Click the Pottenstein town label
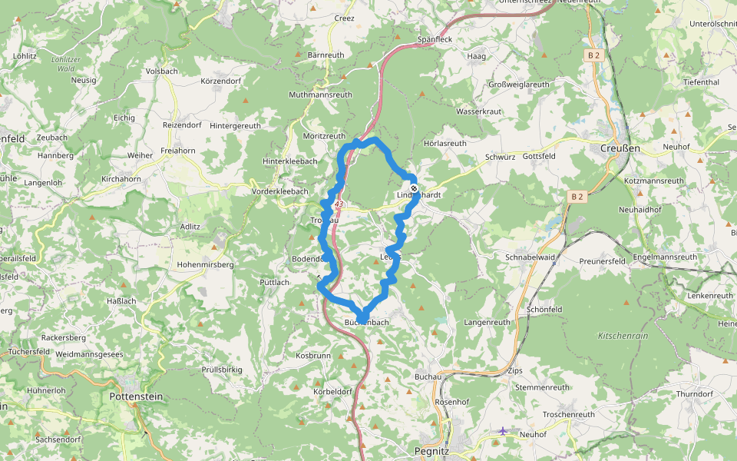[137, 396]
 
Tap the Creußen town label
[620, 148]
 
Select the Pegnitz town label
[431, 451]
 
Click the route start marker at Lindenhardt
[414, 188]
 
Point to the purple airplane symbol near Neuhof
[503, 431]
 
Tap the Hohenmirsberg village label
[205, 264]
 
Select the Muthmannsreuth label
[320, 95]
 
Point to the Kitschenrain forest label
[623, 336]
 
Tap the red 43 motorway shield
[339, 204]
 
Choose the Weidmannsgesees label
[89, 354]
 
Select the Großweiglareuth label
[519, 85]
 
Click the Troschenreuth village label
[569, 414]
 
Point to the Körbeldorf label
[333, 391]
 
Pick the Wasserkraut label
[478, 111]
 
